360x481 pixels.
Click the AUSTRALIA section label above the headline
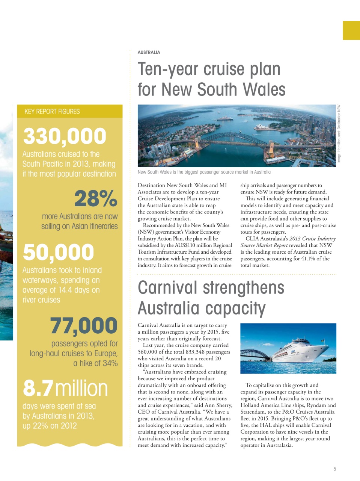pos(149,53)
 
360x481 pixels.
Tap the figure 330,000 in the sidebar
pos(65,136)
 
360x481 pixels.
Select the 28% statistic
pos(96,199)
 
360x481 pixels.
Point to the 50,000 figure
pos(58,252)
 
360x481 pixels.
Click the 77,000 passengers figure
pos(84,325)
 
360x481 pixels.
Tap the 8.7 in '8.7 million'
pos(38,388)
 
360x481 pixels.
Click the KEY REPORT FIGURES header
pos(52,112)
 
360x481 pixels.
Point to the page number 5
pos(334,469)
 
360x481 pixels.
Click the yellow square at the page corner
pos(351,30)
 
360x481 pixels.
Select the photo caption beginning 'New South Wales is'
pos(204,172)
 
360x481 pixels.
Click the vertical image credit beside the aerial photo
pos(339,133)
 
